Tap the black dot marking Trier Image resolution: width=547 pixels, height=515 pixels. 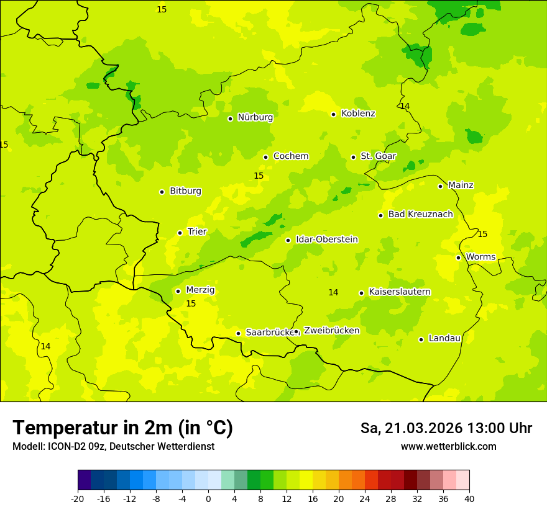tap(180, 233)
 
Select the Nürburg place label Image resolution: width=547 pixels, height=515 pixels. tap(255, 117)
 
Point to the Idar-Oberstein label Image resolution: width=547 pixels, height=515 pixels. tap(326, 240)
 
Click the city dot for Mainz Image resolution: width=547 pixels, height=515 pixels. tap(440, 186)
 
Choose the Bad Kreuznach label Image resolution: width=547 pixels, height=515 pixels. tap(420, 214)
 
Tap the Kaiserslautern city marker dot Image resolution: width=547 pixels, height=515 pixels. tap(361, 293)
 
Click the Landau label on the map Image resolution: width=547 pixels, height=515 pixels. tap(444, 338)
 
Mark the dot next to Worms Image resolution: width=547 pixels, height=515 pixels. tap(458, 257)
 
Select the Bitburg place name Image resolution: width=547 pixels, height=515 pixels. tap(185, 191)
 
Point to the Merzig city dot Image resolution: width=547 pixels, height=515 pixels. tap(178, 291)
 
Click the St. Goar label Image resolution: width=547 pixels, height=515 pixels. tap(378, 156)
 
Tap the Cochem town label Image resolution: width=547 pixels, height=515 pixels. tap(291, 156)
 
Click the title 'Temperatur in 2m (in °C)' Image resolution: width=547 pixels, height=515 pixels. tap(122, 428)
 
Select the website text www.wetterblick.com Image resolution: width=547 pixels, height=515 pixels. tap(448, 447)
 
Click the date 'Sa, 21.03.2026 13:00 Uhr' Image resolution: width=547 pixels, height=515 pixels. tap(446, 428)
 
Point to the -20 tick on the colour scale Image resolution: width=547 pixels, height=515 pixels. tap(78, 498)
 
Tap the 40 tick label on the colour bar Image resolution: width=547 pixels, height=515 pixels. tap(469, 498)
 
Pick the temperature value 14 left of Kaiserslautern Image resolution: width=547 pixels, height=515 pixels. tap(333, 292)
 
